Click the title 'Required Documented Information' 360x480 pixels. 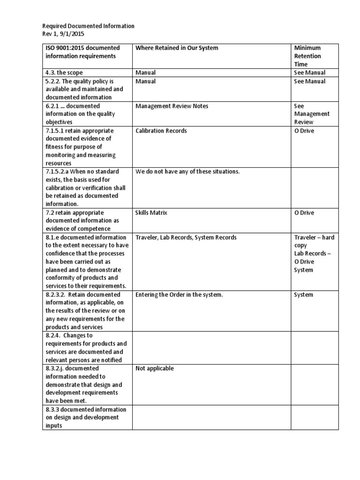click(88, 26)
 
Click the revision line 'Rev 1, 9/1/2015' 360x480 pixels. click(64, 34)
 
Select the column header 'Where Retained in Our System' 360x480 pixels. click(177, 48)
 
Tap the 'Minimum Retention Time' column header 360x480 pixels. click(307, 56)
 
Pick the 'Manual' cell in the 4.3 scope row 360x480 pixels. click(145, 73)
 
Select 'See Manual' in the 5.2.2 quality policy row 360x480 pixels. click(309, 81)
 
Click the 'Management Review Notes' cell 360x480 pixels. click(172, 106)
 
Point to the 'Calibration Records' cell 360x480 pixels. click(161, 131)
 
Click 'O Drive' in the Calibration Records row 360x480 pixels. click(304, 131)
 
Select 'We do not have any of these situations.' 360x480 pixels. click(187, 172)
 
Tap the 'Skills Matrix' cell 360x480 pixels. click(151, 213)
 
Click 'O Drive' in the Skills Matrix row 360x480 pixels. click(304, 213)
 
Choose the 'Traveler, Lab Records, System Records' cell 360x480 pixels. click(186, 237)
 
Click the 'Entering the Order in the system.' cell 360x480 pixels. click(179, 295)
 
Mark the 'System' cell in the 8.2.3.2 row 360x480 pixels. click(303, 295)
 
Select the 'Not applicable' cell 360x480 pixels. click(154, 368)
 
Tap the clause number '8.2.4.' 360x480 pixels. click(54, 336)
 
